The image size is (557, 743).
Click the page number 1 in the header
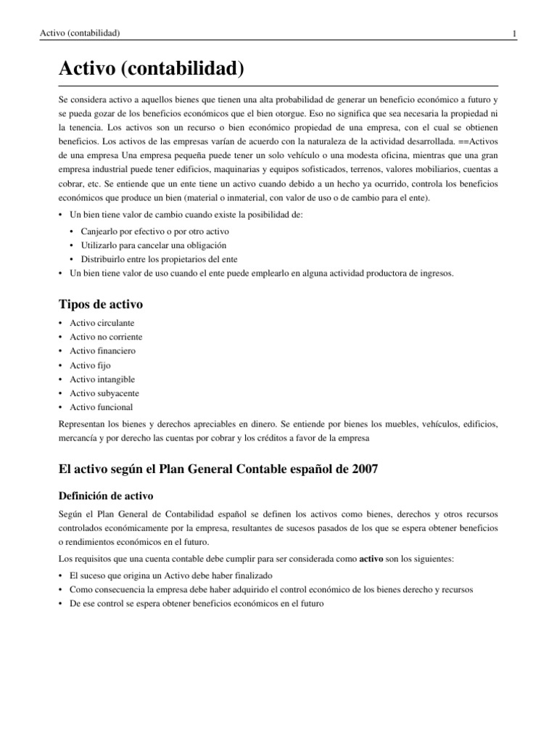(x=513, y=33)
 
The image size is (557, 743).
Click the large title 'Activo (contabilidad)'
(x=151, y=70)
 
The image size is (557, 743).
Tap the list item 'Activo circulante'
(x=102, y=323)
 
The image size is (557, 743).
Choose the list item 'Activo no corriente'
(x=106, y=337)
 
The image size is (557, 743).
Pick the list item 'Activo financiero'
(x=102, y=350)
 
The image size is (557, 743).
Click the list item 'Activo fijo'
(x=91, y=365)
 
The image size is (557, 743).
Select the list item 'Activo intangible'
(x=102, y=379)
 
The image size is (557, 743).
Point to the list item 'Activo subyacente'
(x=104, y=393)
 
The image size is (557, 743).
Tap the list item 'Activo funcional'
(x=101, y=407)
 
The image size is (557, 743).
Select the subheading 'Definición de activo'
(x=105, y=496)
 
